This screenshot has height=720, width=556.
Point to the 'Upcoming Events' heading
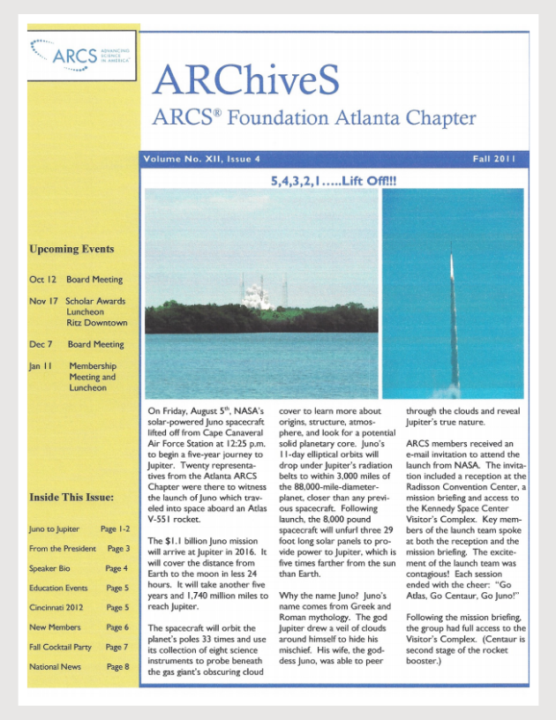pos(71,249)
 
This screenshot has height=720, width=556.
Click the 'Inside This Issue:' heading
pos(71,497)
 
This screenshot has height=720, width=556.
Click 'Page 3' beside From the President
pos(117,549)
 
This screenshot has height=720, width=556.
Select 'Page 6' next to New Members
pos(117,627)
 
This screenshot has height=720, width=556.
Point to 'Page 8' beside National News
pos(117,667)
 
